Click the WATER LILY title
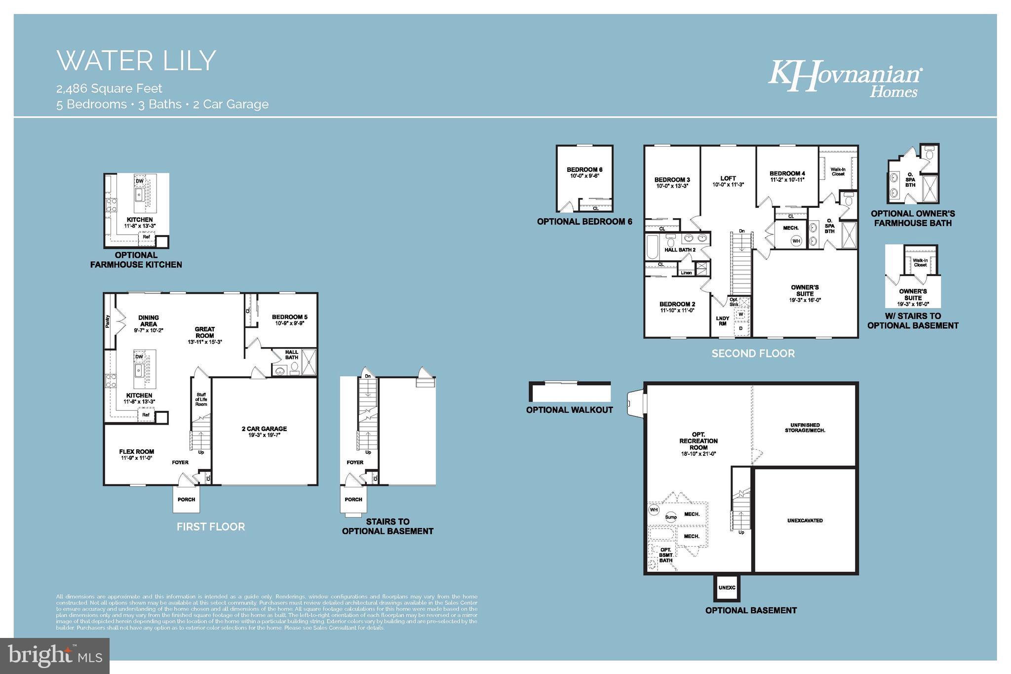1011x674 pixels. pos(136,60)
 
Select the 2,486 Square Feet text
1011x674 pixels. pos(109,89)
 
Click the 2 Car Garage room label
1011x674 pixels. pos(264,432)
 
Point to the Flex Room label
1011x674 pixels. pos(136,454)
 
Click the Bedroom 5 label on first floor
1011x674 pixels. pos(289,320)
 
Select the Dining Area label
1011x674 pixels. pos(148,323)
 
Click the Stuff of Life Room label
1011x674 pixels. pos(201,399)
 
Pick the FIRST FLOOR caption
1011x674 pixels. pos(211,527)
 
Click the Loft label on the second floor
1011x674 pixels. pos(728,181)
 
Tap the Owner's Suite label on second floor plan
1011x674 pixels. pos(805,293)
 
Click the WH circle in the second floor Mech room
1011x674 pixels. pos(796,241)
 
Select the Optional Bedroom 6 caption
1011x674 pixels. pos(584,222)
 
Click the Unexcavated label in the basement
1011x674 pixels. pos(805,520)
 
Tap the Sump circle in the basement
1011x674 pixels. pos(671,517)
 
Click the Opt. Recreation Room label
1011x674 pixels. pos(698,444)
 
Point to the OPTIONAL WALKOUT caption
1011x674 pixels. pos(569,410)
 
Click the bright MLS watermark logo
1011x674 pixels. pos(55,656)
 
